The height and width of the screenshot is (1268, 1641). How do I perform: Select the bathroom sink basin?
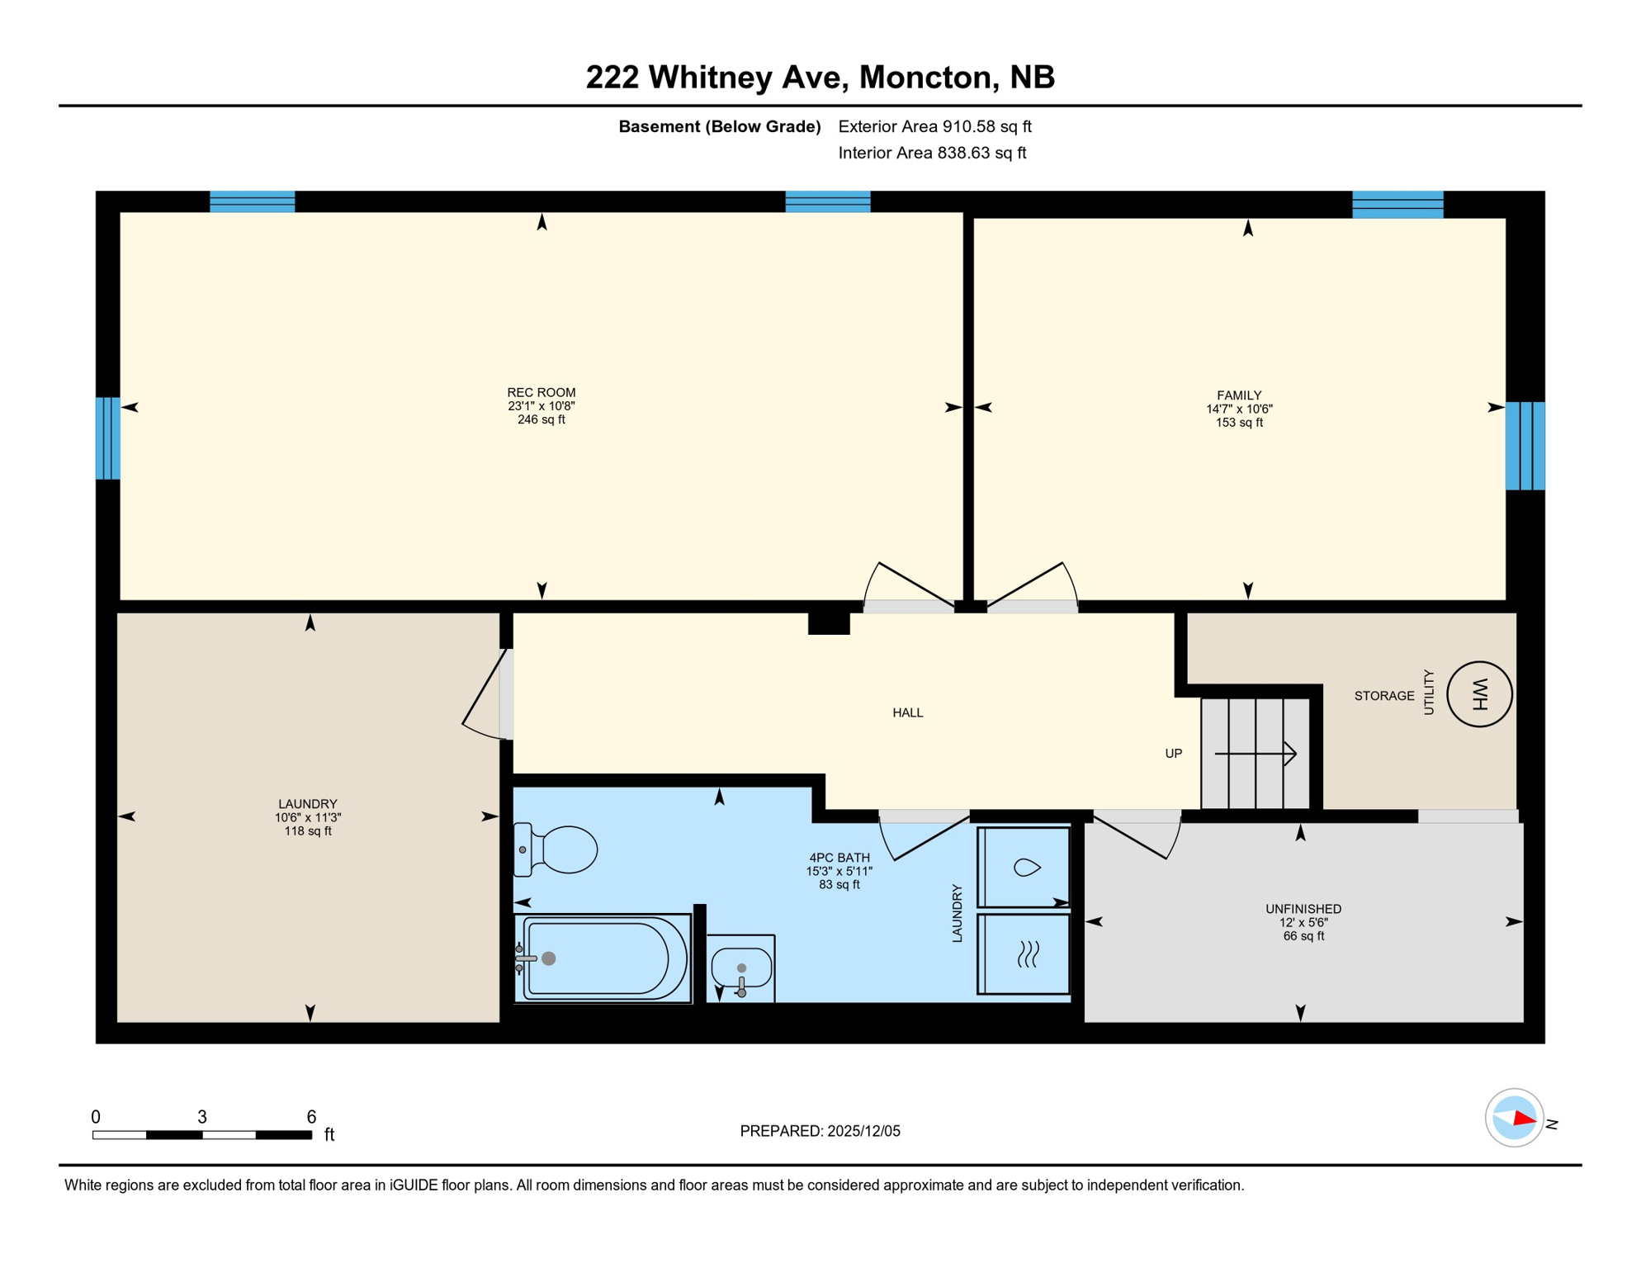point(741,968)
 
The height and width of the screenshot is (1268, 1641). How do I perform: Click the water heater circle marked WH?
point(1479,694)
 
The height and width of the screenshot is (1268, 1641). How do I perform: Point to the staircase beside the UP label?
point(1255,754)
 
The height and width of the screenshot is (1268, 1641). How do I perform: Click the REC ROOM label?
point(541,393)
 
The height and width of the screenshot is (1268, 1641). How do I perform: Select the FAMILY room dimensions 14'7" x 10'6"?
point(1239,409)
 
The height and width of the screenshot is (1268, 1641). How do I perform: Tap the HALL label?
point(907,712)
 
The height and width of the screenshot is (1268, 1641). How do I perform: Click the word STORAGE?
point(1384,696)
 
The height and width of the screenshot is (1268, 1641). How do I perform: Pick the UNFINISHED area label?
point(1303,909)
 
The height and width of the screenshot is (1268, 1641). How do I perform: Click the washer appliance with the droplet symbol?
point(1024,867)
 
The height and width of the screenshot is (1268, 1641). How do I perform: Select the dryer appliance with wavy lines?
point(1024,953)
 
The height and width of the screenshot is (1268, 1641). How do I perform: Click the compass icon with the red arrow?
point(1514,1119)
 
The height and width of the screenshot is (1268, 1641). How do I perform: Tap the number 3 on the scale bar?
point(202,1117)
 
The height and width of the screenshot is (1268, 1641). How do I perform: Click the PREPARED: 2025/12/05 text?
point(820,1131)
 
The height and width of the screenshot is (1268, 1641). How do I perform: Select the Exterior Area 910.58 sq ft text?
point(934,126)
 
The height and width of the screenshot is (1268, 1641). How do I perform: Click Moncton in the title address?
point(925,77)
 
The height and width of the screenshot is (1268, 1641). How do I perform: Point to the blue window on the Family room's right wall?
point(1525,446)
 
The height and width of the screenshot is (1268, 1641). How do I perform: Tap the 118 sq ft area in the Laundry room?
point(308,831)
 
